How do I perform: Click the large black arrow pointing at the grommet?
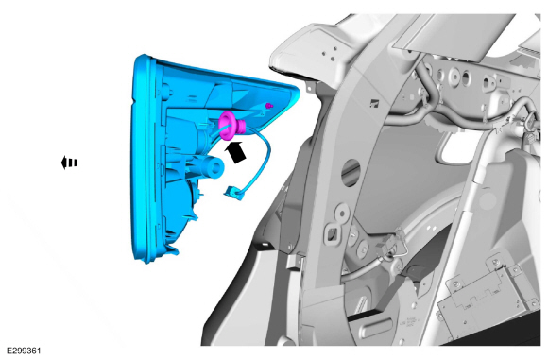pyautogui.click(x=236, y=152)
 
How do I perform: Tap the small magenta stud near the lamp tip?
pyautogui.click(x=268, y=105)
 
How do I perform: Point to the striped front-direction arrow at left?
pyautogui.click(x=69, y=163)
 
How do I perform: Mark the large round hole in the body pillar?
pyautogui.click(x=351, y=172)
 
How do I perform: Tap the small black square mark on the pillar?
pyautogui.click(x=374, y=102)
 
